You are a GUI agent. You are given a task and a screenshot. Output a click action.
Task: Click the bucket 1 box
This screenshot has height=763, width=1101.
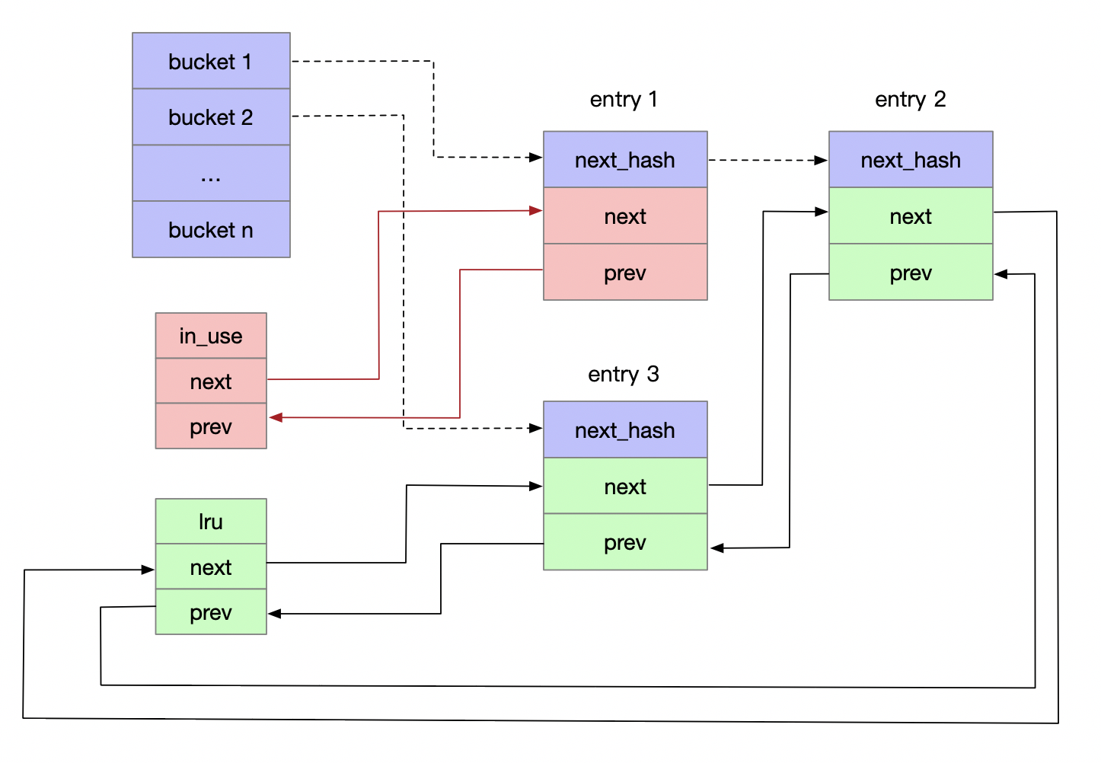click(211, 61)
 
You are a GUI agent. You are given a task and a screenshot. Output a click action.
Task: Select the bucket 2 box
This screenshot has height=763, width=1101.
click(211, 117)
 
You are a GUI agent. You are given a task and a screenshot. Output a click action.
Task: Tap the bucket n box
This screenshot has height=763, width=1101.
click(211, 229)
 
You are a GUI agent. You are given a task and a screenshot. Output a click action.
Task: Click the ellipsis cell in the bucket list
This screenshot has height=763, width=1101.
click(211, 174)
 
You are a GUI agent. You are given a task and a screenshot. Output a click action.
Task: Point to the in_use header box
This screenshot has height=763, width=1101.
click(211, 336)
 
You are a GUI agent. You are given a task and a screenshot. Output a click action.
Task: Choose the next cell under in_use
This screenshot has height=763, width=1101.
click(211, 381)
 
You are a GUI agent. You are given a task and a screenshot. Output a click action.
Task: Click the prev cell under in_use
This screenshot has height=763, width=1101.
click(211, 426)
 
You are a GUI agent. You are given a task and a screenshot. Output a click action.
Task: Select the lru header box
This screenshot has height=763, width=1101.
click(211, 522)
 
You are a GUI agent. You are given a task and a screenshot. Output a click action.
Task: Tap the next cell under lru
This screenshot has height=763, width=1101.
click(211, 567)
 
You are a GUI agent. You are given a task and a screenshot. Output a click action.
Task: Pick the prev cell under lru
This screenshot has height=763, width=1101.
click(211, 612)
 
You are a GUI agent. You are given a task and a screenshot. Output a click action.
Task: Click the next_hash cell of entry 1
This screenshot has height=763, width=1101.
click(625, 160)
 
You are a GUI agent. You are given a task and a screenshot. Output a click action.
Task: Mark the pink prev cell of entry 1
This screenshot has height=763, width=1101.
click(625, 273)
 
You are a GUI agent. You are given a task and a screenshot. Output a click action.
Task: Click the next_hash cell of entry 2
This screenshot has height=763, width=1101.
click(911, 160)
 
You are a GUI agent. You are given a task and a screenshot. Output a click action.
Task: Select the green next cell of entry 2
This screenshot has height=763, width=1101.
click(911, 216)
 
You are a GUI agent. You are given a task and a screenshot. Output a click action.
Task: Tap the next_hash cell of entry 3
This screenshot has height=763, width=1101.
click(625, 430)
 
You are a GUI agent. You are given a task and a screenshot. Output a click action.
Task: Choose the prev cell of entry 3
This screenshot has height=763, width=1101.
click(625, 542)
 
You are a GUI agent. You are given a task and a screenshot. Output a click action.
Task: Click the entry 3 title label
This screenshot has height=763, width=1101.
click(624, 374)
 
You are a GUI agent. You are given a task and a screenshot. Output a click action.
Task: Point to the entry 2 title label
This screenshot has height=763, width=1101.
click(910, 99)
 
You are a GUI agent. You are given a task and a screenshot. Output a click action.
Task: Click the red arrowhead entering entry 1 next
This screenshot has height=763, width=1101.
click(536, 211)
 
